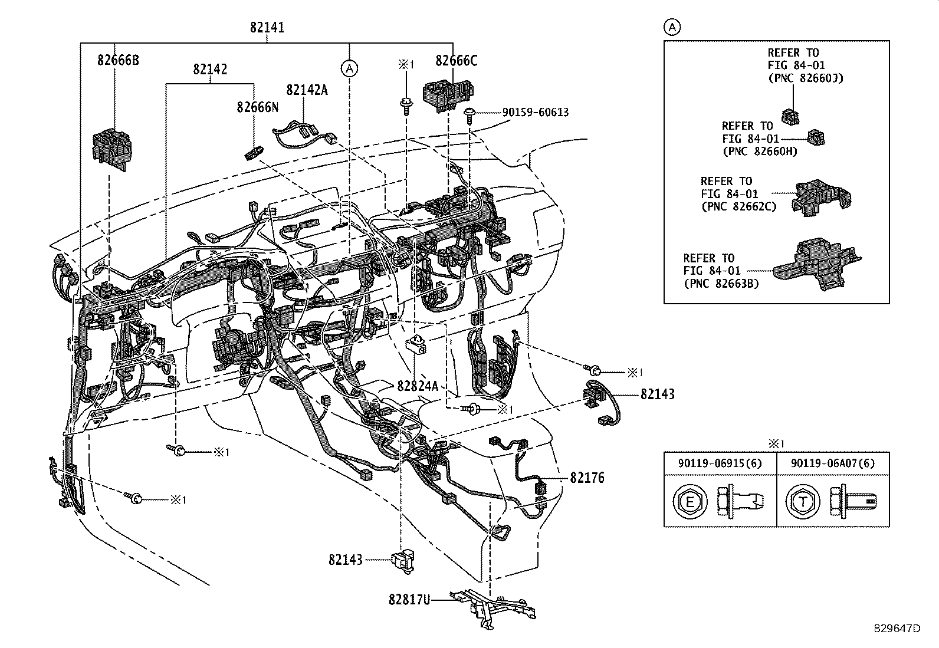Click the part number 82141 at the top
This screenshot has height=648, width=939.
click(267, 28)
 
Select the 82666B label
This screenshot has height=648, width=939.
click(119, 60)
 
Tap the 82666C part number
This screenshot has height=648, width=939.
click(456, 61)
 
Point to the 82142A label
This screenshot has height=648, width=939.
click(307, 90)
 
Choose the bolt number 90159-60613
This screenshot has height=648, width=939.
click(535, 112)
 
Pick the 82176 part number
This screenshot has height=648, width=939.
click(587, 478)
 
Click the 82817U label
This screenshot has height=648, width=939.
click(409, 600)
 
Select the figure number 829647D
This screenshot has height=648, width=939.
click(897, 629)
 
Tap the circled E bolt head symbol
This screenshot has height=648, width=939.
click(688, 502)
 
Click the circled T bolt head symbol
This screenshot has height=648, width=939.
click(803, 502)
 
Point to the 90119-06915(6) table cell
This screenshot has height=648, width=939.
click(720, 463)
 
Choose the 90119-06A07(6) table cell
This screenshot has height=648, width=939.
click(833, 463)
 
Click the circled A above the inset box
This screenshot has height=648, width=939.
click(672, 27)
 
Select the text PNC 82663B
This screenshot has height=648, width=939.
click(721, 284)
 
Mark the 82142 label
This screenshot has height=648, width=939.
click(209, 70)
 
